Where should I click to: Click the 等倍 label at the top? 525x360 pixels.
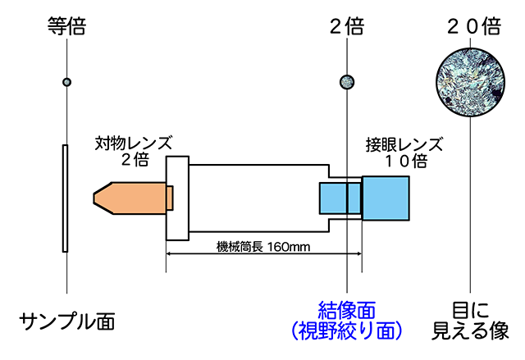(66, 25)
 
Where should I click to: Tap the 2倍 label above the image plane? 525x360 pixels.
(346, 25)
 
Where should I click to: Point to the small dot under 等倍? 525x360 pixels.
(66, 81)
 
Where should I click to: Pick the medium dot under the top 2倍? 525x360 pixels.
(347, 80)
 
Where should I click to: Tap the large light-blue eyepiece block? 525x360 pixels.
(386, 199)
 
